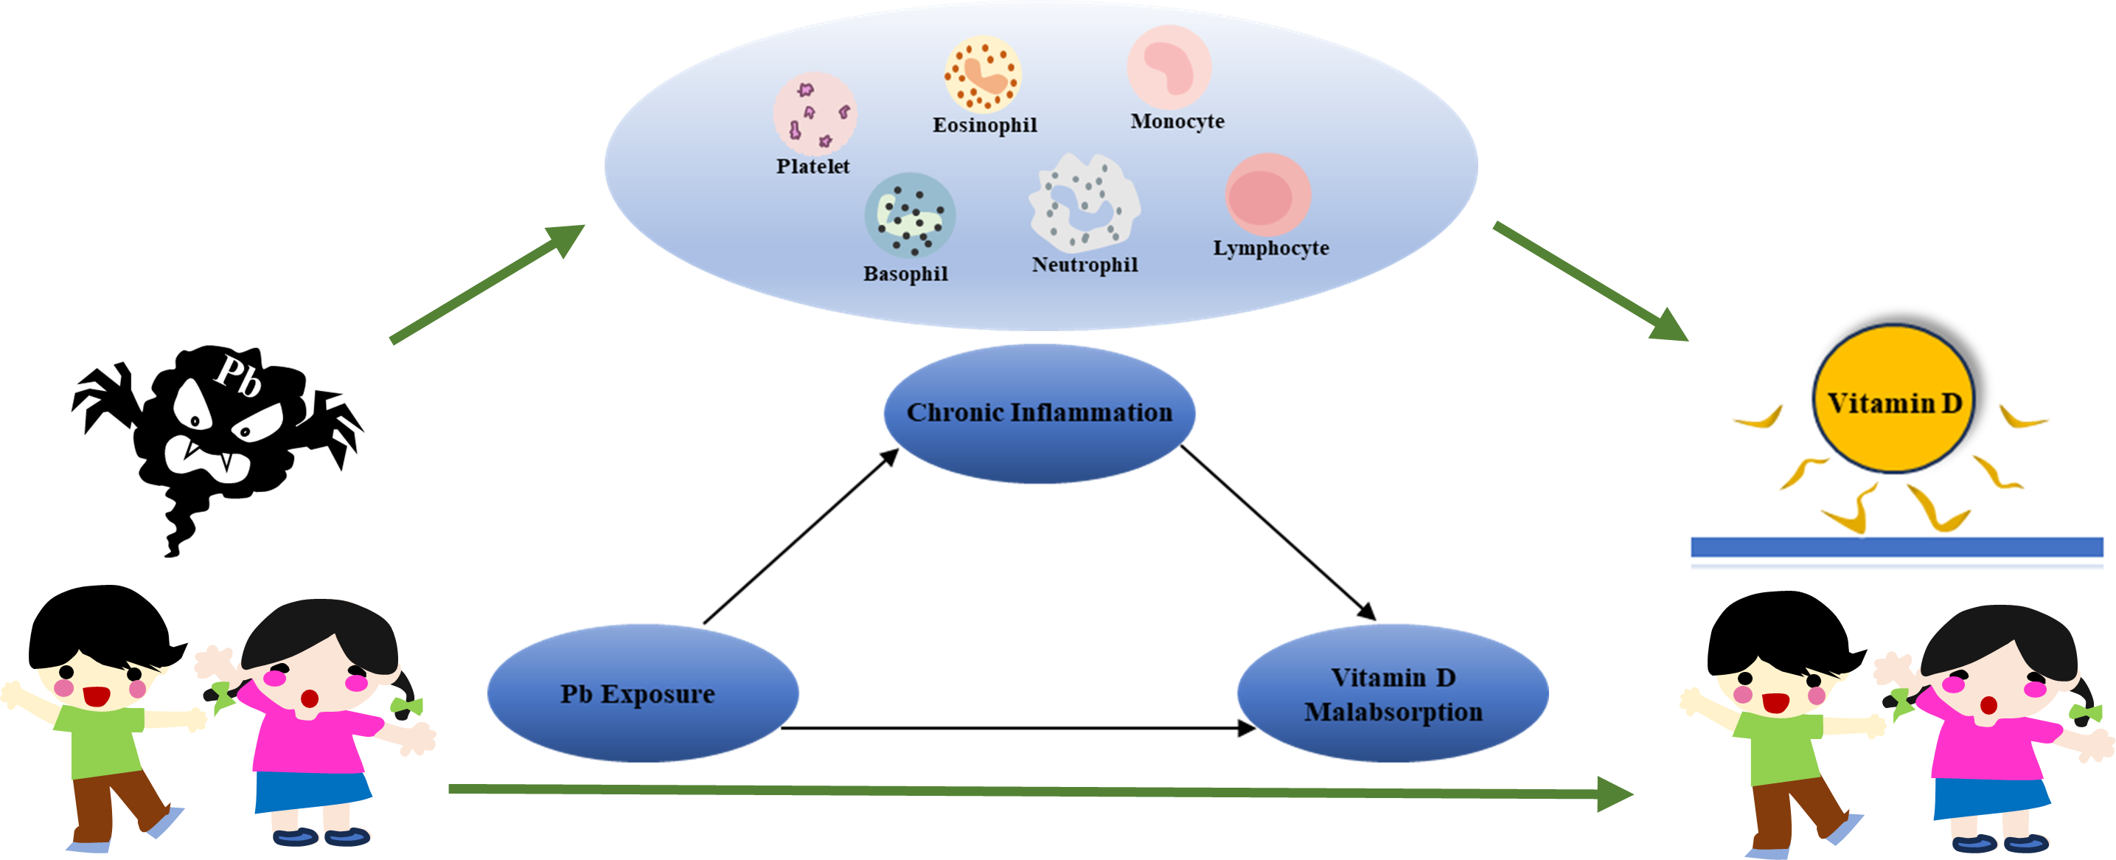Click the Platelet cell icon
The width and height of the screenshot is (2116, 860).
coord(814,114)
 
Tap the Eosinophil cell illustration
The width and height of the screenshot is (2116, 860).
coord(982,74)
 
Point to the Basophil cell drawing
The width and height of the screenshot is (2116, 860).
coord(909,215)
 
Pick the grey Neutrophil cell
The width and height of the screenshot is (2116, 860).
coord(1085,204)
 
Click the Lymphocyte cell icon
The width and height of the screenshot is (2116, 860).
coord(1267,195)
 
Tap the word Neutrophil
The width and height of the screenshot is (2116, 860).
coord(1085,265)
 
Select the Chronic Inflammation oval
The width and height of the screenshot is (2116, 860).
coord(1039,413)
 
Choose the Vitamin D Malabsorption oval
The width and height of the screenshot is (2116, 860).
coord(1392,693)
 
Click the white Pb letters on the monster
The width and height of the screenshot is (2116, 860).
coord(238,375)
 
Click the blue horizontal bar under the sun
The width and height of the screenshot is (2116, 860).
coord(1896,547)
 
